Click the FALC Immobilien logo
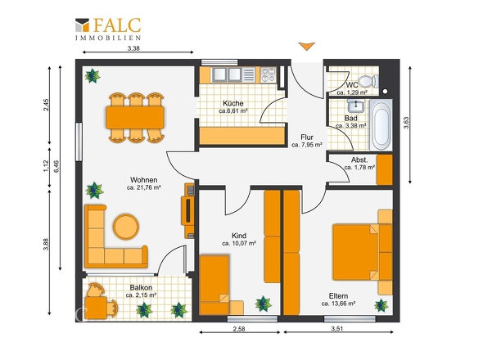[x=108, y=29]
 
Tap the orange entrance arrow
[x=306, y=46]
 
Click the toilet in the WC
[x=368, y=81]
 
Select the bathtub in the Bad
[x=381, y=124]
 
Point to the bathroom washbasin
[x=356, y=106]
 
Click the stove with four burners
[x=269, y=74]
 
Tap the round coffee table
[x=126, y=227]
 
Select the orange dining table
[x=135, y=117]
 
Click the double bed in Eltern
[x=356, y=252]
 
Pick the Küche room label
[x=233, y=103]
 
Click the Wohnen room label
[x=144, y=180]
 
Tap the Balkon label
[x=141, y=287]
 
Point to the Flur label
[x=307, y=137]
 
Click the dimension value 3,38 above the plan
[x=133, y=48]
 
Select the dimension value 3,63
[x=406, y=122]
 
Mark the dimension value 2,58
[x=239, y=329]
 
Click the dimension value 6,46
[x=56, y=166]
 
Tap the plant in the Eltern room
[x=381, y=305]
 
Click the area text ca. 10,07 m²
[x=239, y=243]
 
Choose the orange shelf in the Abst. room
[x=385, y=169]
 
